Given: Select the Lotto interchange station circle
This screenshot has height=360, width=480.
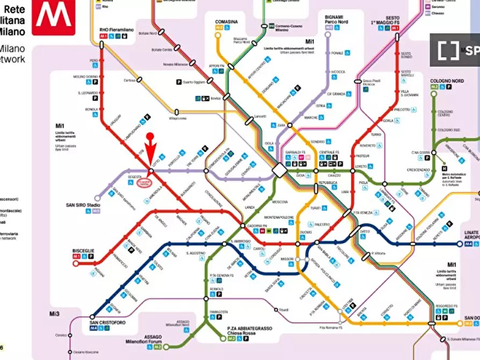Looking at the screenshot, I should pyautogui.click(x=152, y=171).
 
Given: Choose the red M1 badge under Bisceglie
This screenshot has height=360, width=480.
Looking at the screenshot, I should pyautogui.click(x=76, y=257).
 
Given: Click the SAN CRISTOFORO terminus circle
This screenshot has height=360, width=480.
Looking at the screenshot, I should pyautogui.click(x=92, y=316).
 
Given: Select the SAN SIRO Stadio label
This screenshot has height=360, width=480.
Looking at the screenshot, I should pyautogui.click(x=83, y=205).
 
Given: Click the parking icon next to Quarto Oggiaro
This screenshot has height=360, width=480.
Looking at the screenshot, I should pyautogui.click(x=179, y=82).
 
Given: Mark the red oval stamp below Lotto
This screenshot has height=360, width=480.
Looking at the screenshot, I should pyautogui.click(x=145, y=183).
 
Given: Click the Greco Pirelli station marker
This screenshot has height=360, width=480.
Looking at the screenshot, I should pyautogui.click(x=358, y=81).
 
